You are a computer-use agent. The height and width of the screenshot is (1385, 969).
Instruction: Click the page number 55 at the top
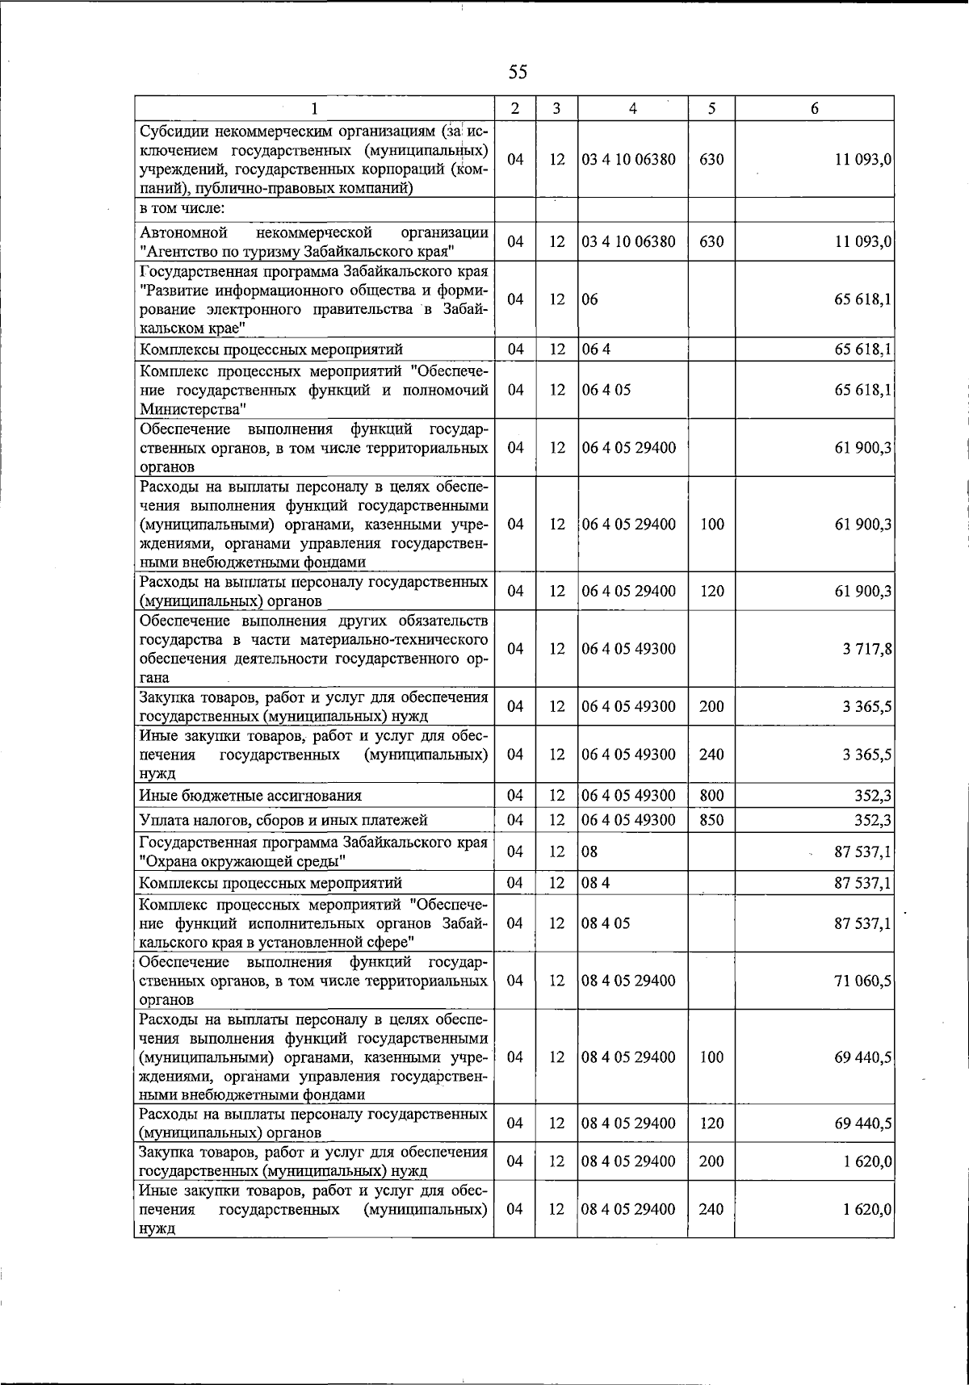(x=518, y=73)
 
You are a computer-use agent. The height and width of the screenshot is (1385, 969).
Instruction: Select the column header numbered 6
(x=814, y=109)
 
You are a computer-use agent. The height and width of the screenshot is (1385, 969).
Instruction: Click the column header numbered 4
(x=632, y=109)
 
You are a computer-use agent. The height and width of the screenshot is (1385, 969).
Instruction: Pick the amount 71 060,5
(x=862, y=981)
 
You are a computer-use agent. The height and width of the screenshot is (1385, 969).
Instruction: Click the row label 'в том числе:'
(x=182, y=208)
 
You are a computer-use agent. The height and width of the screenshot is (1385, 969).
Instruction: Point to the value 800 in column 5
(x=711, y=796)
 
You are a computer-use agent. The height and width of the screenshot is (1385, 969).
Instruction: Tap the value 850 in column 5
(x=711, y=820)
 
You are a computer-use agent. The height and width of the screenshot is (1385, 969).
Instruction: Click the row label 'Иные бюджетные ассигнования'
(x=250, y=796)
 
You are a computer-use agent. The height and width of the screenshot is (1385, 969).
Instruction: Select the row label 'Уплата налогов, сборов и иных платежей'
(x=283, y=820)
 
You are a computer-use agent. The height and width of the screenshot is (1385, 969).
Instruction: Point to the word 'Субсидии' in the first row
(x=170, y=132)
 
